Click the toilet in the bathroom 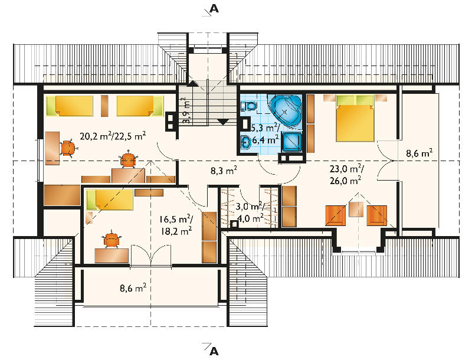(248, 106)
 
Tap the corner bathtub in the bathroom (286, 111)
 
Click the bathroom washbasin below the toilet (245, 142)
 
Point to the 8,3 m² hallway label (224, 171)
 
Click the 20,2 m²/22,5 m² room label (113, 136)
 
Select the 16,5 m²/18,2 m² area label (176, 225)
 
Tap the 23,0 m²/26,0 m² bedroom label (346, 175)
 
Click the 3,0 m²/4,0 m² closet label (250, 212)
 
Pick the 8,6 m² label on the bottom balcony (133, 288)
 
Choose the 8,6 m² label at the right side (419, 153)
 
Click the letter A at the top (214, 9)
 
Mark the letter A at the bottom (214, 351)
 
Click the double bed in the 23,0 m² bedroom (355, 118)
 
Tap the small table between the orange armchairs (356, 209)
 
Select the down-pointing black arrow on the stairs (223, 122)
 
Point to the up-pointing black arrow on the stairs (192, 83)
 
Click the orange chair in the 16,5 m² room (112, 240)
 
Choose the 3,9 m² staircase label (186, 110)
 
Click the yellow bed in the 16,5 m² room (110, 199)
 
